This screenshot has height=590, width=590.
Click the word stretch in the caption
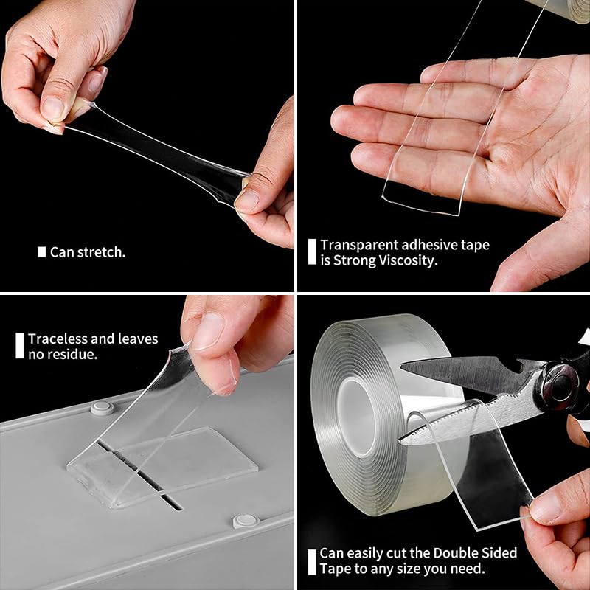coord(101,252)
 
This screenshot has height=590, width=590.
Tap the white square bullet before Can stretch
coord(42,252)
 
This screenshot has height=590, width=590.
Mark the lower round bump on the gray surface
coord(245,521)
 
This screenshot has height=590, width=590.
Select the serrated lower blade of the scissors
coord(457,420)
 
